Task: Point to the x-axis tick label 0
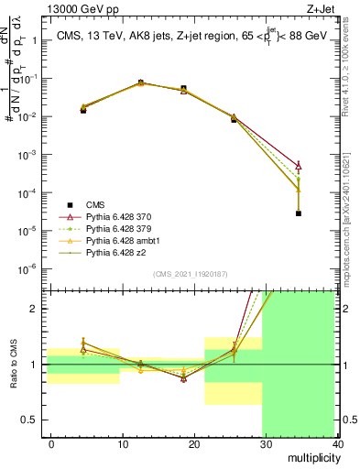click(x=51, y=443)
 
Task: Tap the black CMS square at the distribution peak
click(x=140, y=82)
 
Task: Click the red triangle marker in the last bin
click(x=299, y=165)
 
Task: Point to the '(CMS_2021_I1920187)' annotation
click(x=190, y=274)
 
